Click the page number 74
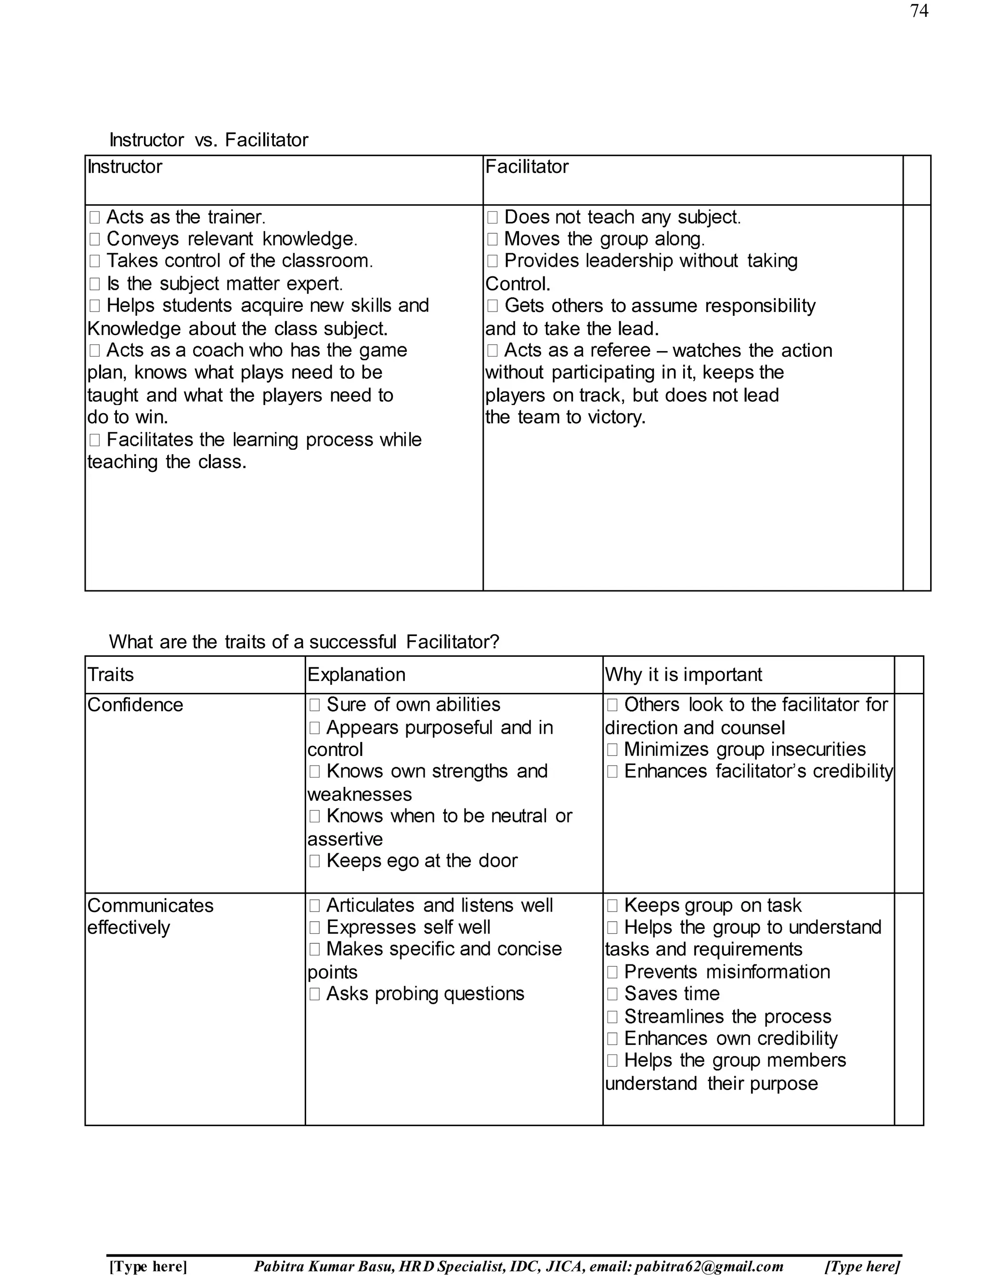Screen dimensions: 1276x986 (919, 11)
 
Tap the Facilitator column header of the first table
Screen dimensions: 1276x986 (526, 167)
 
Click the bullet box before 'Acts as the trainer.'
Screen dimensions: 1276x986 (95, 218)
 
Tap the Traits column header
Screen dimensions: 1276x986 (110, 675)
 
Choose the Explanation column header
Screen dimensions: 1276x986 (356, 675)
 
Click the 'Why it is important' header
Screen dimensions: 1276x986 (684, 675)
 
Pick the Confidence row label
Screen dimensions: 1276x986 (135, 705)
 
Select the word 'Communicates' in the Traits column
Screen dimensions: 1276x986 (150, 906)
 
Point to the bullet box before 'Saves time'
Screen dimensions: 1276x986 (612, 994)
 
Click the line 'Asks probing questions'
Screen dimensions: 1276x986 (425, 994)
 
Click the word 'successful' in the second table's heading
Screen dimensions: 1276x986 (353, 642)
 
